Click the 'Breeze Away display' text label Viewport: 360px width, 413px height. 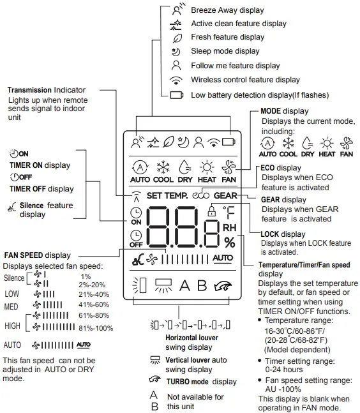click(227, 10)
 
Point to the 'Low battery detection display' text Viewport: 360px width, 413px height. click(260, 95)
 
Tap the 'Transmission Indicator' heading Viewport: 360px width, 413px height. click(47, 90)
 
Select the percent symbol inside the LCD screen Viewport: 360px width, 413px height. click(229, 243)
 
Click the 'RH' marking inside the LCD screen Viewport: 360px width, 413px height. click(229, 227)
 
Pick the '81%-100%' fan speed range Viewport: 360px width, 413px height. click(96, 328)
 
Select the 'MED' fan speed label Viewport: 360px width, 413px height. click(11, 305)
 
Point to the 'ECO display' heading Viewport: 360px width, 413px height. click(281, 168)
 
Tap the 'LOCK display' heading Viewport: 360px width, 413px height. click(283, 234)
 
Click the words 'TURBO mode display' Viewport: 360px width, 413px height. click(202, 382)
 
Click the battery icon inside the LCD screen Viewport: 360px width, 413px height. click(227, 141)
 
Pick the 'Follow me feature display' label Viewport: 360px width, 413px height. click(235, 66)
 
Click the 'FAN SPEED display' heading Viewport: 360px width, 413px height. click(37, 255)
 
